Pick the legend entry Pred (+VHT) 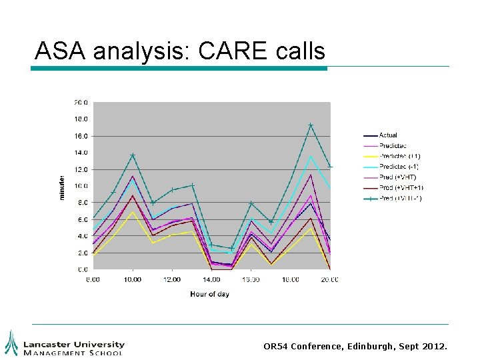pos(397,177)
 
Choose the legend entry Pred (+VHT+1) pos(401,187)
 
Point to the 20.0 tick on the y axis pos(81,103)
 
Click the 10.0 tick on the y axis pos(81,186)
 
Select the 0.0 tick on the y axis pos(83,269)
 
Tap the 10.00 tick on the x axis pos(133,279)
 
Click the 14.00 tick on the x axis pos(211,279)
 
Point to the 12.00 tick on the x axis pos(172,279)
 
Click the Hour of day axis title pos(209,294)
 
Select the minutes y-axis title pos(62,187)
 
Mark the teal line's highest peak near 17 pos(311,125)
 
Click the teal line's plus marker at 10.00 pos(133,155)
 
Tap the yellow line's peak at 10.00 pos(133,212)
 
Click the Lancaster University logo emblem pos(11,343)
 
